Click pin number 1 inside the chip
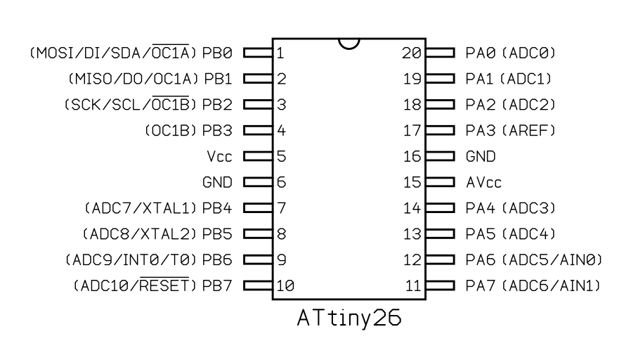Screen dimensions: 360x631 (280, 53)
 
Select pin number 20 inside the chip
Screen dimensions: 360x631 (412, 53)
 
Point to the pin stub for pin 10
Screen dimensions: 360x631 (258, 286)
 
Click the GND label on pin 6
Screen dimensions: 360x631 (217, 182)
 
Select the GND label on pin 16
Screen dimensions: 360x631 (481, 156)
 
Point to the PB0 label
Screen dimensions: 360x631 (217, 53)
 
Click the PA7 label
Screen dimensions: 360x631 (481, 286)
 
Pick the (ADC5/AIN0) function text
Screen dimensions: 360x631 (554, 260)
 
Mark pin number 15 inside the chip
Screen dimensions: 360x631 (412, 182)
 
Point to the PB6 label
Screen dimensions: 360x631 (217, 260)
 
